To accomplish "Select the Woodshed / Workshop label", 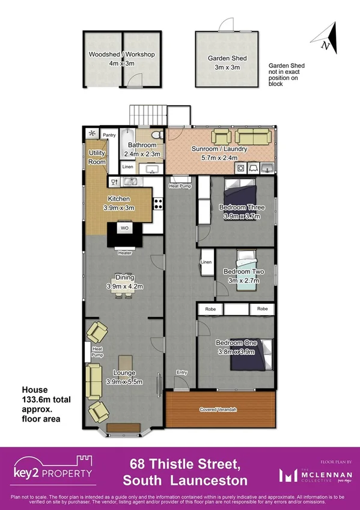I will pyautogui.click(x=121, y=58).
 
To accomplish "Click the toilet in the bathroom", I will pyautogui.click(x=157, y=135).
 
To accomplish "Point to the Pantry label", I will pyautogui.click(x=109, y=135).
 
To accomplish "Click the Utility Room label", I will pyautogui.click(x=97, y=158).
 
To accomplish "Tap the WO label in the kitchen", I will pyautogui.click(x=124, y=229).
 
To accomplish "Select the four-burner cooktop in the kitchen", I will pyautogui.click(x=159, y=204).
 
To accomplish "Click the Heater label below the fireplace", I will pyautogui.click(x=124, y=253).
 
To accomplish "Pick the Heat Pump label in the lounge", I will pyautogui.click(x=96, y=352).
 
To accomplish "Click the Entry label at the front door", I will pyautogui.click(x=181, y=372).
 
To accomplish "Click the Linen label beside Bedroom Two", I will pyautogui.click(x=206, y=262).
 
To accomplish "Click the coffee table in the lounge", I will pyautogui.click(x=124, y=363).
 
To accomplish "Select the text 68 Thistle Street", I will pyautogui.click(x=185, y=464).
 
